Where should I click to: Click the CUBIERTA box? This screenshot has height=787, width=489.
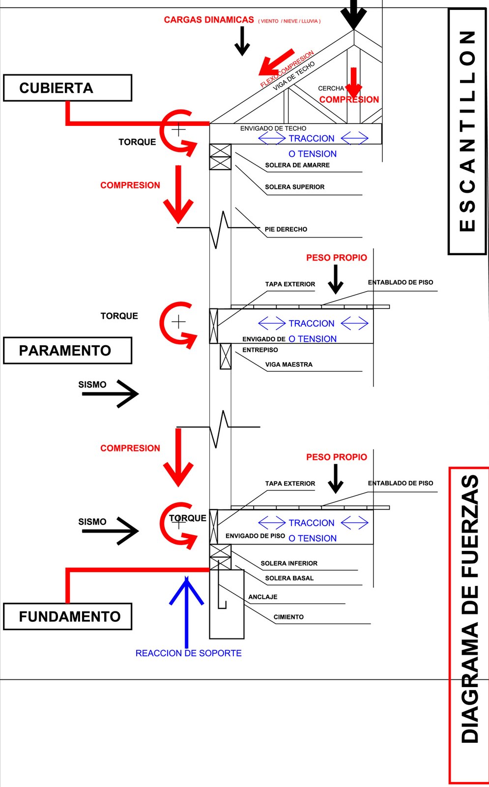(67, 88)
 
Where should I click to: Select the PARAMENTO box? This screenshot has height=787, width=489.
(67, 351)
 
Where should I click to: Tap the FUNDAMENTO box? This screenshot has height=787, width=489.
(67, 616)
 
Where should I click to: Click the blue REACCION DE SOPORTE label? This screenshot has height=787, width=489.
(188, 653)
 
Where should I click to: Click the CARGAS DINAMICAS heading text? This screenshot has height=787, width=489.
(209, 20)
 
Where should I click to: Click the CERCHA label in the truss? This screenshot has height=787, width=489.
(331, 89)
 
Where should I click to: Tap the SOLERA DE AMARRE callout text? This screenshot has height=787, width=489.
(297, 165)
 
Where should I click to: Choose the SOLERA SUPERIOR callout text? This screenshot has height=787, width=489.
(294, 187)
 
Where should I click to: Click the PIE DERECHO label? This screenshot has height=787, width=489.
(286, 229)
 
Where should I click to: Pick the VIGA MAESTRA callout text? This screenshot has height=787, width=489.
(288, 364)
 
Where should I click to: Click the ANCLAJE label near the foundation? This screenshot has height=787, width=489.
(262, 597)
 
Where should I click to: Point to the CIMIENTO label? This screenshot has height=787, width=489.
(288, 617)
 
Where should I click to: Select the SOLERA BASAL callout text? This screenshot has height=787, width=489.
(289, 578)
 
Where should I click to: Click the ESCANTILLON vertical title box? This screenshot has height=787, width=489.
(467, 131)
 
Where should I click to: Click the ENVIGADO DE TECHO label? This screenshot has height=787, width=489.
(273, 128)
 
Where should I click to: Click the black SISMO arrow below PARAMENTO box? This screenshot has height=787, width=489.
(111, 393)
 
